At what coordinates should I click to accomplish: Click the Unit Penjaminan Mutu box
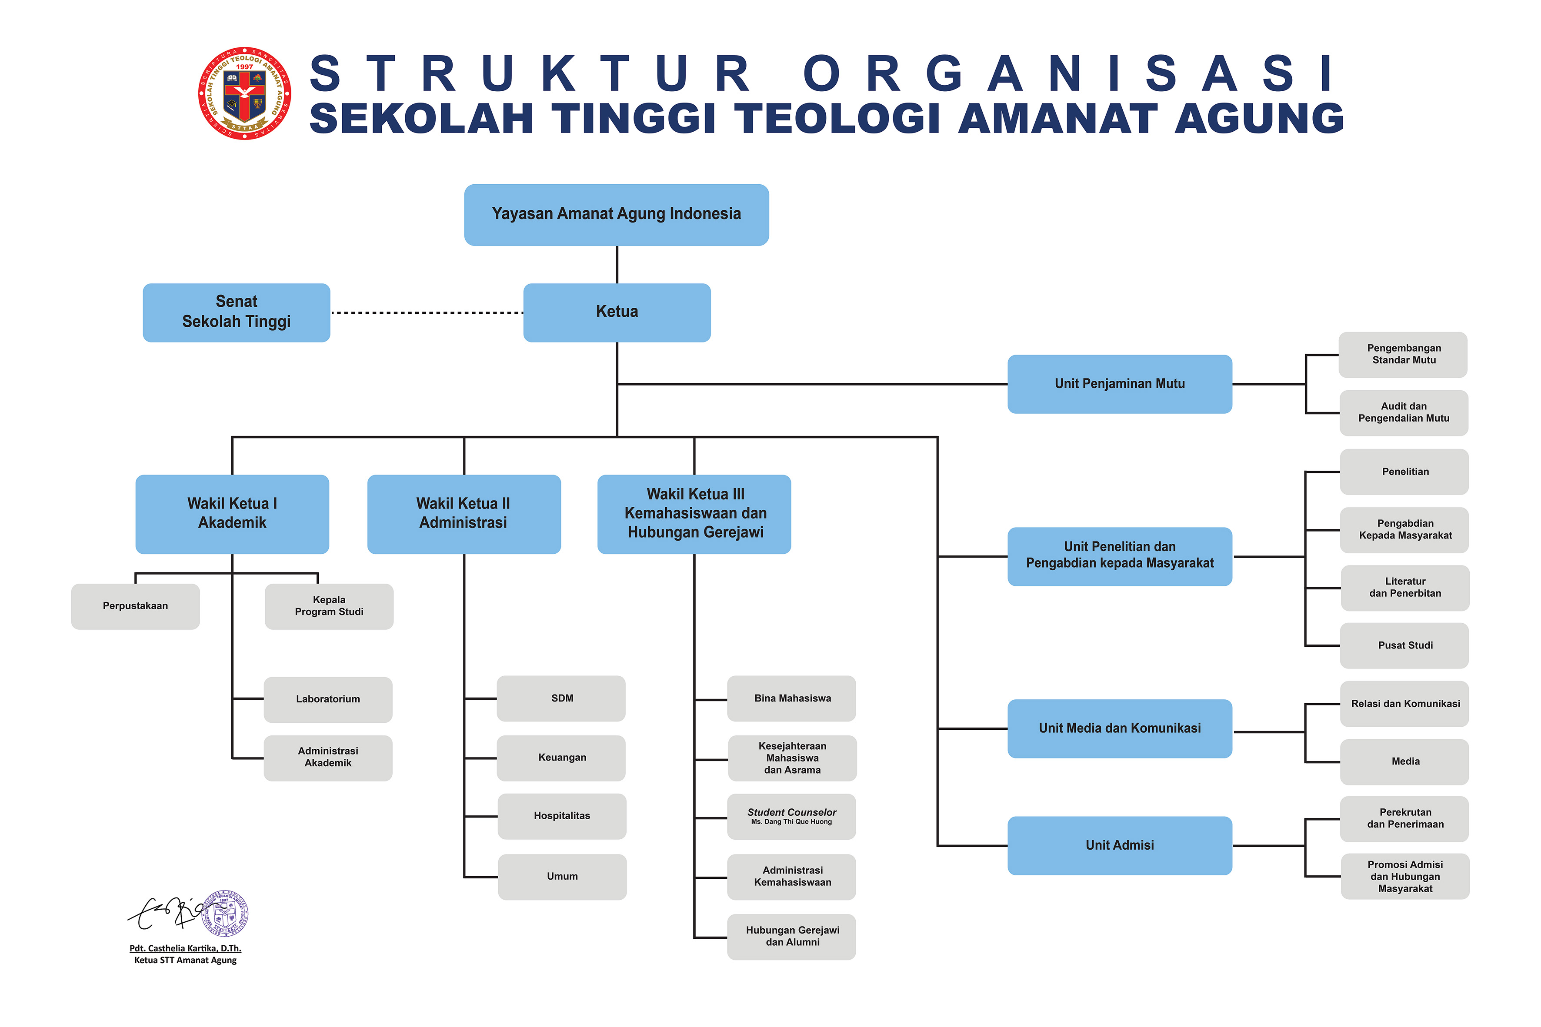(x=1119, y=384)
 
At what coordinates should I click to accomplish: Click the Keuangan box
(x=561, y=758)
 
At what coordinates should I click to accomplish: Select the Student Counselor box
(x=791, y=816)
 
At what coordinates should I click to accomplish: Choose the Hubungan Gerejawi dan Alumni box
(x=791, y=937)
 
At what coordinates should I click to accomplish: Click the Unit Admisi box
(x=1119, y=846)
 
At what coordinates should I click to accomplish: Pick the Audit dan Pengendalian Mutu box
(x=1404, y=412)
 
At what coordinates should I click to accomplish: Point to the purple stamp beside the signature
(x=225, y=914)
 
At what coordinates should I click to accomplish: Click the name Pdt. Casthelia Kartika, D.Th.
(x=185, y=948)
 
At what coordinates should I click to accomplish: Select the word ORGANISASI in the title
(x=1068, y=73)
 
